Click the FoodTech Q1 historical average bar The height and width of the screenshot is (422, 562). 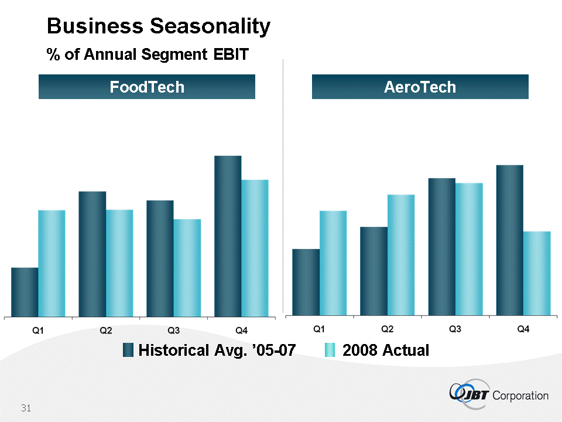coord(25,292)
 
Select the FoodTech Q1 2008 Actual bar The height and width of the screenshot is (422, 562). coord(52,263)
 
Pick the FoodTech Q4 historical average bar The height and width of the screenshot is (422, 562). coord(228,236)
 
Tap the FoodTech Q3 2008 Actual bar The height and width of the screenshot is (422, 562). coord(187,268)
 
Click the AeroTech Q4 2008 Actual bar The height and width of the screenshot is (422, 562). coord(537,273)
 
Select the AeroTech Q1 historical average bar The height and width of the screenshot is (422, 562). coord(306,282)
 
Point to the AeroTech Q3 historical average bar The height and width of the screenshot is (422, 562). coord(442,246)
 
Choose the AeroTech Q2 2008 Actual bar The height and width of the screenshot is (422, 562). coord(401,255)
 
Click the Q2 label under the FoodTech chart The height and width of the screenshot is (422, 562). coord(106,331)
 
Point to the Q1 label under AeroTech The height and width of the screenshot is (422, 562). coord(320,329)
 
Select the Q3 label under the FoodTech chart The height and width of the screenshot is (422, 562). coord(173,331)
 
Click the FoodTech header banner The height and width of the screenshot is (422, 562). coord(147,87)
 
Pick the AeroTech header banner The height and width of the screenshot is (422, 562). coord(420,87)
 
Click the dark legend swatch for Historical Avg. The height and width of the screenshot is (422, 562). coord(129,350)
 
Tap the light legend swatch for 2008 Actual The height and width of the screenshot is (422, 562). coord(330,350)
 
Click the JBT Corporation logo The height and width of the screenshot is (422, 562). coord(499,394)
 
